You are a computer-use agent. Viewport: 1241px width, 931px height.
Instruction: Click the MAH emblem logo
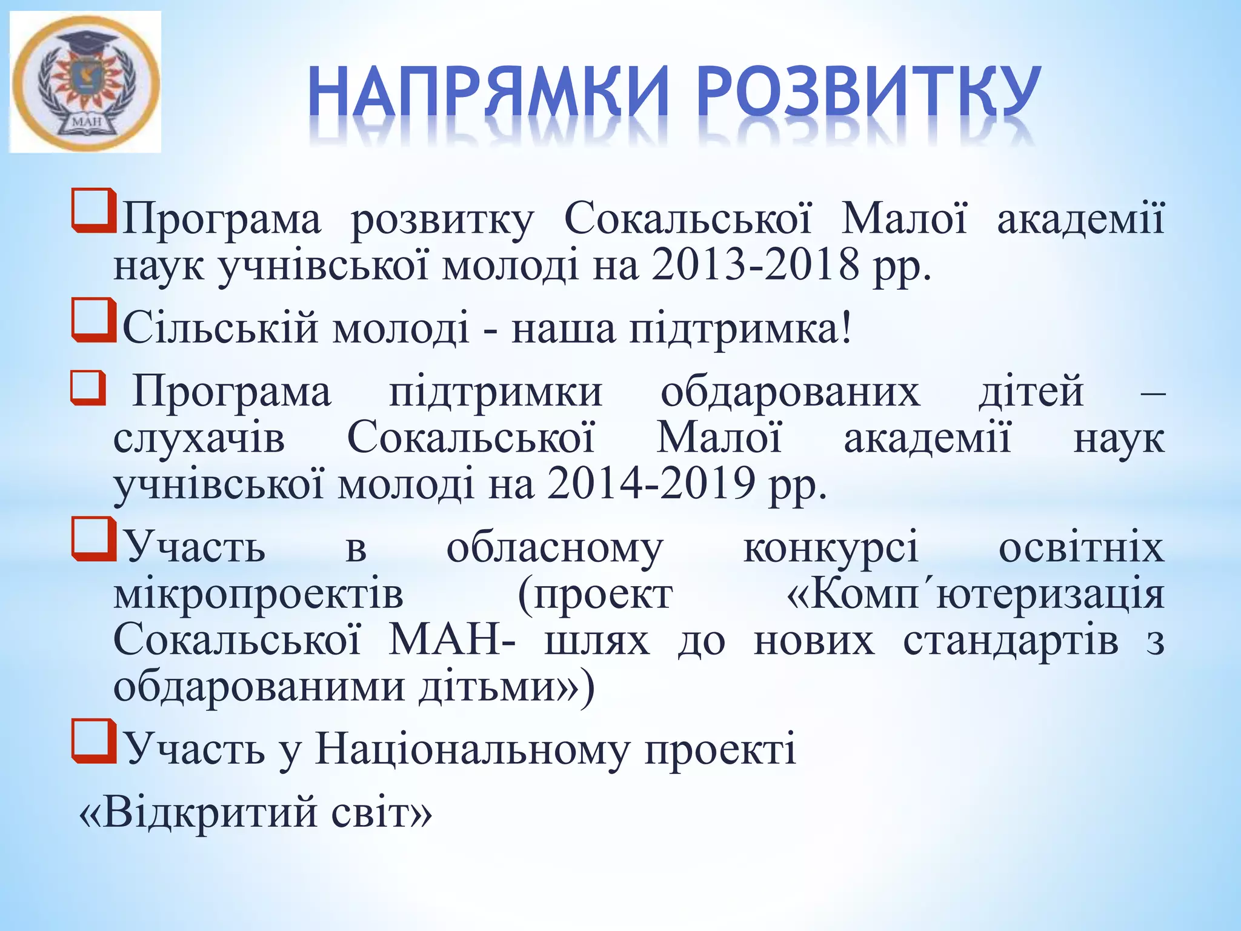85,81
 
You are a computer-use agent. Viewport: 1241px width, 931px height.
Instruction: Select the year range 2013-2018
755,265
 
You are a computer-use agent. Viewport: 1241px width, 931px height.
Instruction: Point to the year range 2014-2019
651,484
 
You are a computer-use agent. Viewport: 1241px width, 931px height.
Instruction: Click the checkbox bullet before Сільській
93,319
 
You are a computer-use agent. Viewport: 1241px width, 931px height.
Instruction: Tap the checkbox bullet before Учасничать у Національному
93,741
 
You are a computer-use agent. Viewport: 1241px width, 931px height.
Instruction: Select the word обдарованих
790,392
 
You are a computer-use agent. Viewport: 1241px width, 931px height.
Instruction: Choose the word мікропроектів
258,595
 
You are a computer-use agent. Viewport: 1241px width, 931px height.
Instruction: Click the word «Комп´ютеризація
976,595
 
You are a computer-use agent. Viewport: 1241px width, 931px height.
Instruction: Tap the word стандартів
1011,641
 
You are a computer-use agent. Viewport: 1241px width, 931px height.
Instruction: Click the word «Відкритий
198,812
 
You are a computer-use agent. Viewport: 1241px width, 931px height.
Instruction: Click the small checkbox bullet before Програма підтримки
88,388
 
